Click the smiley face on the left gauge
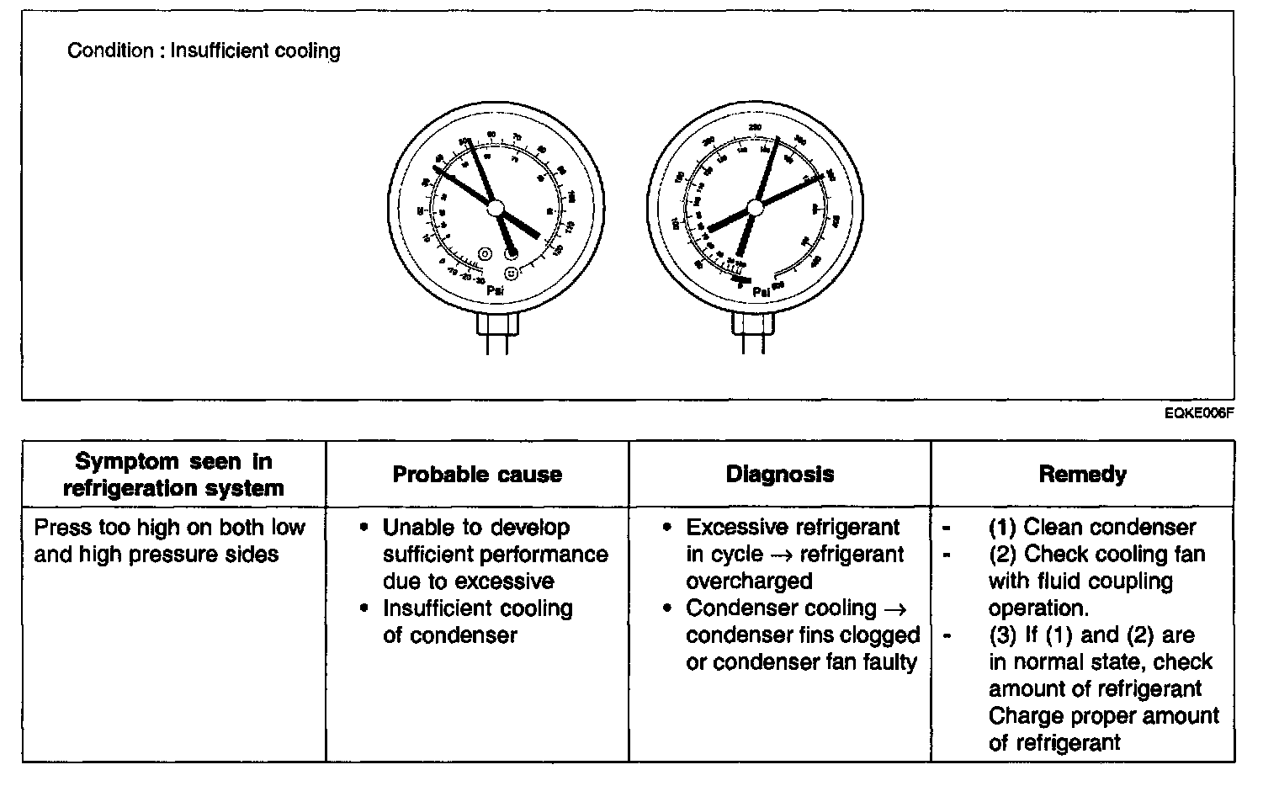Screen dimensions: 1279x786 (x=511, y=274)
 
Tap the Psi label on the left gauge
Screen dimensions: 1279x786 (x=496, y=290)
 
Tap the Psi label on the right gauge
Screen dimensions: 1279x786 (x=761, y=292)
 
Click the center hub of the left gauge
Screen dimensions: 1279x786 (x=496, y=207)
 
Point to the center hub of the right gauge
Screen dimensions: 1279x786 (x=755, y=207)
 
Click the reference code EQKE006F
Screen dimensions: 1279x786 (x=1199, y=412)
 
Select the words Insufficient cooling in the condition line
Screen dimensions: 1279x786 (x=256, y=50)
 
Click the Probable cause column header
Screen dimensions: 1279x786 (x=477, y=475)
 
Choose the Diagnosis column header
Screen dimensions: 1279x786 (x=780, y=475)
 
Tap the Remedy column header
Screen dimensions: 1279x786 (x=1082, y=475)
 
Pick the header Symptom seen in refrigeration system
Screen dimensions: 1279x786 (x=173, y=475)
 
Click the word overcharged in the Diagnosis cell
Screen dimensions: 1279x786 (x=749, y=582)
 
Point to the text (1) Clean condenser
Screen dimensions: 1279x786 (x=1091, y=528)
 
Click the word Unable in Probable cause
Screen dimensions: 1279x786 (x=417, y=528)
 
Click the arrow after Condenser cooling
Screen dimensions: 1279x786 (x=894, y=608)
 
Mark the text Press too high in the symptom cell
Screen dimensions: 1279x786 (x=106, y=528)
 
